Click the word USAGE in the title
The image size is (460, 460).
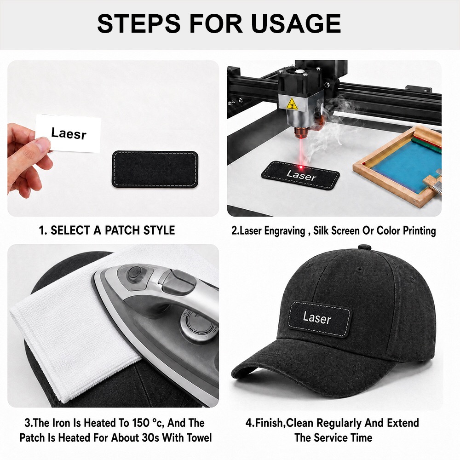tap(296, 23)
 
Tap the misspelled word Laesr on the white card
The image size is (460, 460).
tap(69, 133)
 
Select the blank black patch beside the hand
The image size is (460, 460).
tap(155, 169)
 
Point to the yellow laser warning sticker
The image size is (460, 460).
tap(292, 104)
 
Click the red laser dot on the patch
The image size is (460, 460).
tap(301, 167)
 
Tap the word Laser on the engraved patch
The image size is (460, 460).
tap(301, 175)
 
